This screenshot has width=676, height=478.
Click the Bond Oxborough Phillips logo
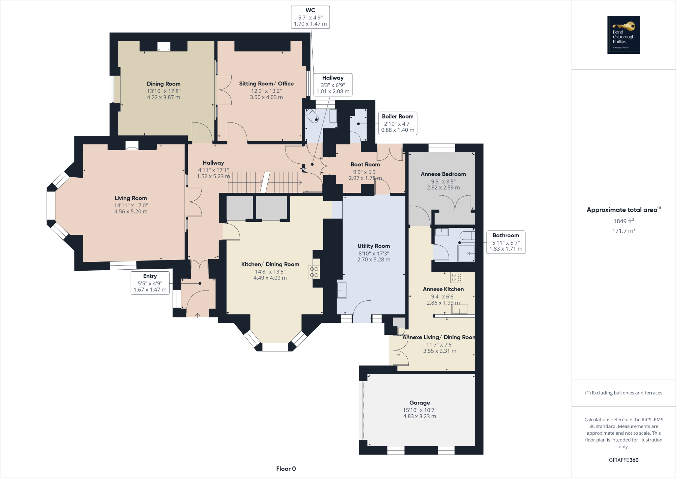[624, 35]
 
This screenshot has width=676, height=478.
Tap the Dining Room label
[163, 84]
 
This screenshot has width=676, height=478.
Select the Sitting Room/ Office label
[266, 84]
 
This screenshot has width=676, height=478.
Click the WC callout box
[310, 17]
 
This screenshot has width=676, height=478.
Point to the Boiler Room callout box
[397, 123]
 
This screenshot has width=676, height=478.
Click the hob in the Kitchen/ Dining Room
[314, 272]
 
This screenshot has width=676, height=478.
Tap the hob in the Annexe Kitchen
[456, 277]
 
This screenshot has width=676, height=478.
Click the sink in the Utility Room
[342, 290]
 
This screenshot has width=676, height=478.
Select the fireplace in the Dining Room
[163, 47]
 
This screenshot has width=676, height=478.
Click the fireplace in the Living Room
[132, 146]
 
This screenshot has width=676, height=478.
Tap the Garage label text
[420, 403]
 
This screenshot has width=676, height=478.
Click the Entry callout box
[150, 283]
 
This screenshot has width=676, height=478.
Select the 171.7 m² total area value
[624, 231]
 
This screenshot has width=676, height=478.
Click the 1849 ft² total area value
[624, 221]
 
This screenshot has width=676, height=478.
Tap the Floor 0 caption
[286, 469]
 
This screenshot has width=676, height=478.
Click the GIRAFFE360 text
[624, 460]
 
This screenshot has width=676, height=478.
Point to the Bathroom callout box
[506, 242]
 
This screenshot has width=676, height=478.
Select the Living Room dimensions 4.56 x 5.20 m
[131, 212]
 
